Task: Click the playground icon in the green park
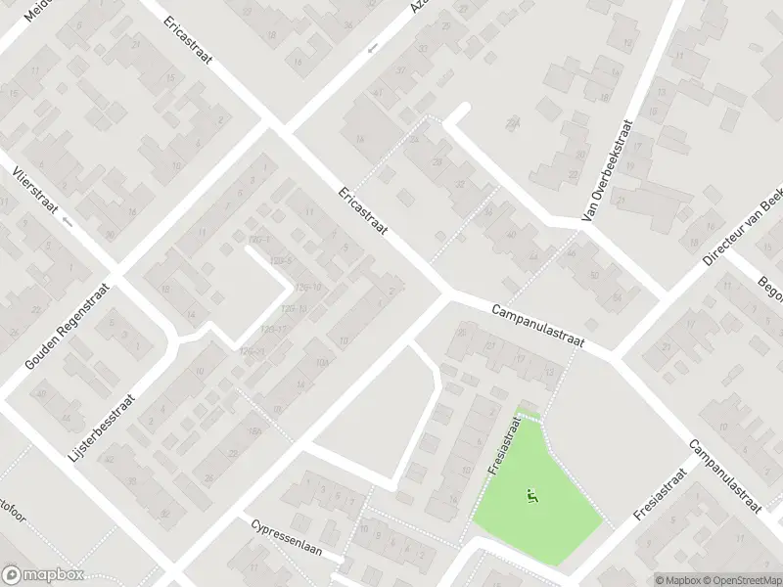[x=533, y=497]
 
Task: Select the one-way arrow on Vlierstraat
[x=67, y=222]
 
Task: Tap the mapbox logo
[x=42, y=575]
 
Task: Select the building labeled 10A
[x=320, y=364]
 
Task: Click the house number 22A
[x=512, y=123]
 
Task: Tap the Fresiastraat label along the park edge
[x=501, y=445]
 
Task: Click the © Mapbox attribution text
[x=678, y=580]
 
